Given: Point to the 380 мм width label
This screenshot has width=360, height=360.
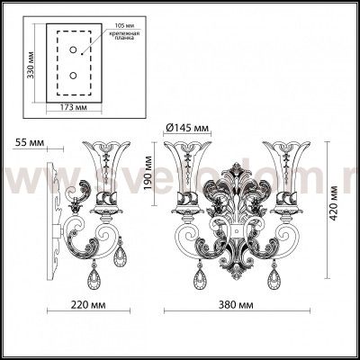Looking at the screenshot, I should (x=237, y=305).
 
